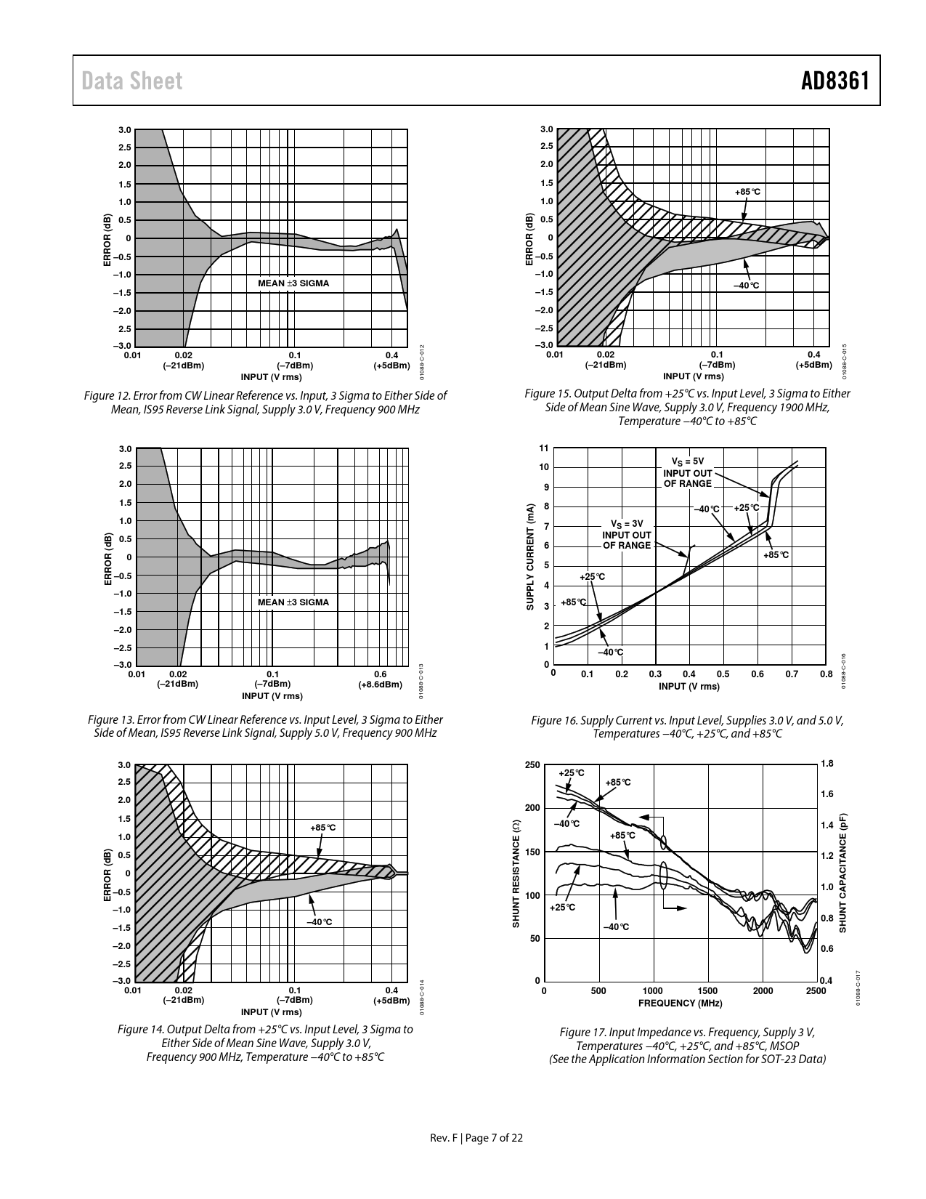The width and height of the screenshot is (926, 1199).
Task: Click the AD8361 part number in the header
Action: pyautogui.click(x=835, y=81)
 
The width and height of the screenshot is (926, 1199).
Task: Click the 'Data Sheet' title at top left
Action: pyautogui.click(x=132, y=81)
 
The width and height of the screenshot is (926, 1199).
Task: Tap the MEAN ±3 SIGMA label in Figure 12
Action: pyautogui.click(x=293, y=283)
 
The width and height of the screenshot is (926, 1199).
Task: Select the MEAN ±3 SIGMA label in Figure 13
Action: pyautogui.click(x=293, y=602)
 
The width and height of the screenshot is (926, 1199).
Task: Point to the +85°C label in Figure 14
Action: pyautogui.click(x=322, y=828)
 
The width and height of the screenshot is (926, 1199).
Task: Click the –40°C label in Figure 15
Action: pyautogui.click(x=746, y=286)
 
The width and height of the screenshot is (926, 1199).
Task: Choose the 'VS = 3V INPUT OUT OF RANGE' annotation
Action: pyautogui.click(x=627, y=534)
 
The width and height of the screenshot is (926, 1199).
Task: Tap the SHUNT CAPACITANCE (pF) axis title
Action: pyautogui.click(x=843, y=872)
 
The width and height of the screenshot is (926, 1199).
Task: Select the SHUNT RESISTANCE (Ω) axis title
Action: pyautogui.click(x=516, y=873)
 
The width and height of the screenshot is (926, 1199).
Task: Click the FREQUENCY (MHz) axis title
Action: pyautogui.click(x=680, y=1003)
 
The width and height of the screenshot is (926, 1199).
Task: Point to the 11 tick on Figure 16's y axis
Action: pyautogui.click(x=544, y=448)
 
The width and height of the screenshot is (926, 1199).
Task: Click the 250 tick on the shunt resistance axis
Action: pyautogui.click(x=532, y=764)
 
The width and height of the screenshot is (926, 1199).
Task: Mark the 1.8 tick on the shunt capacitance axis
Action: pyautogui.click(x=827, y=763)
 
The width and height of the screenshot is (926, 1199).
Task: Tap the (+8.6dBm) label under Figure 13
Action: pyautogui.click(x=381, y=684)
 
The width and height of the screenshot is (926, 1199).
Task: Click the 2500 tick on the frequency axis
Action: pyautogui.click(x=816, y=990)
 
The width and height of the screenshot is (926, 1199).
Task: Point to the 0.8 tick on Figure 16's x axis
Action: pyautogui.click(x=826, y=674)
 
